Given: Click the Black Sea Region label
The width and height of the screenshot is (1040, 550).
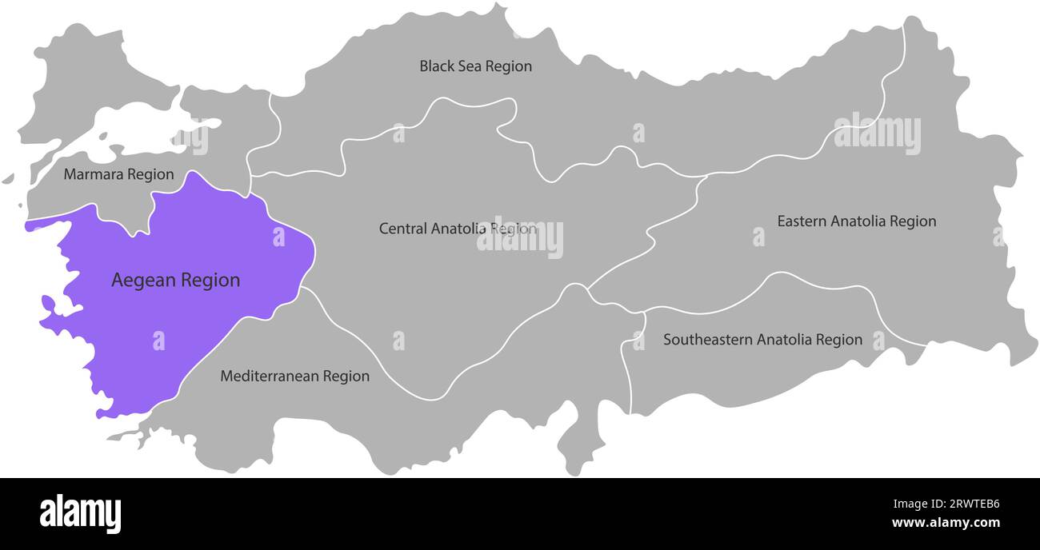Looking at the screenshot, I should [x=475, y=66].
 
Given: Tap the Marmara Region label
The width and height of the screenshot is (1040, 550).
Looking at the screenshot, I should [x=118, y=174].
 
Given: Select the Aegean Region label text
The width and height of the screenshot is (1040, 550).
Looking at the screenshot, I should [x=175, y=281].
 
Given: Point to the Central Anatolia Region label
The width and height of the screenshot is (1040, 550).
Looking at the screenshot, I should [x=458, y=229].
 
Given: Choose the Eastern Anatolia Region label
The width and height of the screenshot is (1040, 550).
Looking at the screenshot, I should [x=856, y=221].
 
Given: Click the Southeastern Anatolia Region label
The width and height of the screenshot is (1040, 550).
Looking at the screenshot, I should [x=762, y=340].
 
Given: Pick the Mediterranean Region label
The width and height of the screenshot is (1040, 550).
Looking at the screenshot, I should [x=294, y=376].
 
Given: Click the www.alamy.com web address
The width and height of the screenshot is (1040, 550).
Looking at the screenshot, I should [x=946, y=524].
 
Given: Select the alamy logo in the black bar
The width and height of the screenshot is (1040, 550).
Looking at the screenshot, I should [x=81, y=513].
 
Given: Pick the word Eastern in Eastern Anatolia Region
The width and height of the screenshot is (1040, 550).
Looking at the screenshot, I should [x=802, y=221].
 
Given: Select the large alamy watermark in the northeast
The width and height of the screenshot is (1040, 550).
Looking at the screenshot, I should [x=877, y=134].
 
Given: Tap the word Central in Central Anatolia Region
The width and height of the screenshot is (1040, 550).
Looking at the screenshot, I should [x=403, y=229].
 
